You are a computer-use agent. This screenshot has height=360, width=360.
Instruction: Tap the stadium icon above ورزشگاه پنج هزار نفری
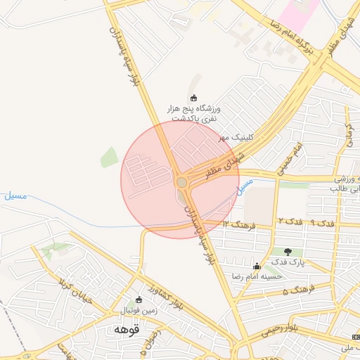(194, 97)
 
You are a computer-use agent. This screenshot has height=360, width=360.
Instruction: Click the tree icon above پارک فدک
(288, 251)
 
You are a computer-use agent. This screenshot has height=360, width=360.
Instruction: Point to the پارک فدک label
(288, 262)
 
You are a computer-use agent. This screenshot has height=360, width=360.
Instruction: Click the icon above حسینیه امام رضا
(257, 266)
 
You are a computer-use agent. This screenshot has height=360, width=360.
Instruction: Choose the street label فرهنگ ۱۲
(238, 224)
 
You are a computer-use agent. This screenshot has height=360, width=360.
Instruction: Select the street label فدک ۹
(322, 223)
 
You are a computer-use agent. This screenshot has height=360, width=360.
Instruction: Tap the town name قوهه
(127, 328)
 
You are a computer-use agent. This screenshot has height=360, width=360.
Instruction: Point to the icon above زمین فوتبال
(139, 300)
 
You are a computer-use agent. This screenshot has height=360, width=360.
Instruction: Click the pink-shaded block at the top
(296, 10)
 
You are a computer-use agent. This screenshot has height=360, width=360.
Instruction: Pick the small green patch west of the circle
(109, 157)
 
